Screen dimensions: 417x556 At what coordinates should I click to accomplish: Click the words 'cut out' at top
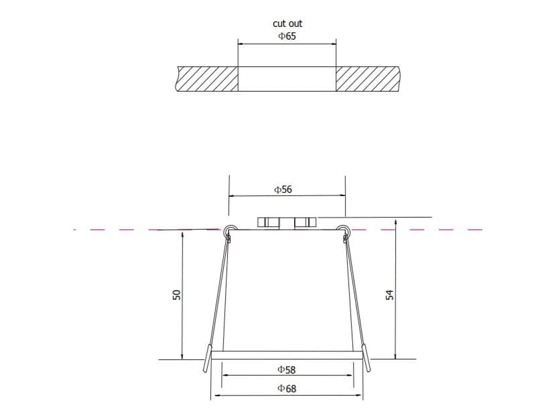pos(287,23)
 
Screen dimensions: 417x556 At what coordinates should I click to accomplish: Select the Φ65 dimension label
pos(287,36)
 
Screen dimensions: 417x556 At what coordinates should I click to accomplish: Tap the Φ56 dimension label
pos(283,189)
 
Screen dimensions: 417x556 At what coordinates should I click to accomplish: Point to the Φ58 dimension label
pos(286,369)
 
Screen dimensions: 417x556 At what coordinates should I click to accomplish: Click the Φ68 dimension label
pos(286,388)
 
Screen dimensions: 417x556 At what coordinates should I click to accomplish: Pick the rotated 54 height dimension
pos(389,295)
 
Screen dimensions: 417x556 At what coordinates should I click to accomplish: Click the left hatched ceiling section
pos(208,78)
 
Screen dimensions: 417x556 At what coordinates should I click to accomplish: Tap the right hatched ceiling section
pos(367,78)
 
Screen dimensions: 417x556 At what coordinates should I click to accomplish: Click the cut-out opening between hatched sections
pos(287,78)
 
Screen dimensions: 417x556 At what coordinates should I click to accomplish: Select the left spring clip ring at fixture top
pos(230,230)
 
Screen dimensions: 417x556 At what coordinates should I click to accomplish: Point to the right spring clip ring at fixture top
pos(344,230)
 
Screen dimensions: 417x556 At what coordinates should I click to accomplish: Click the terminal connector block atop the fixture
pos(287,222)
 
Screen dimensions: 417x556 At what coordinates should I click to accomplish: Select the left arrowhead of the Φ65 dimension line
pos(241,45)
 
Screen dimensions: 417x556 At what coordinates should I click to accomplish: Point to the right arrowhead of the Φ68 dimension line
pos(361,396)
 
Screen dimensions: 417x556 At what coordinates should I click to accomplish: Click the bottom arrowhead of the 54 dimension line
pos(396,356)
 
